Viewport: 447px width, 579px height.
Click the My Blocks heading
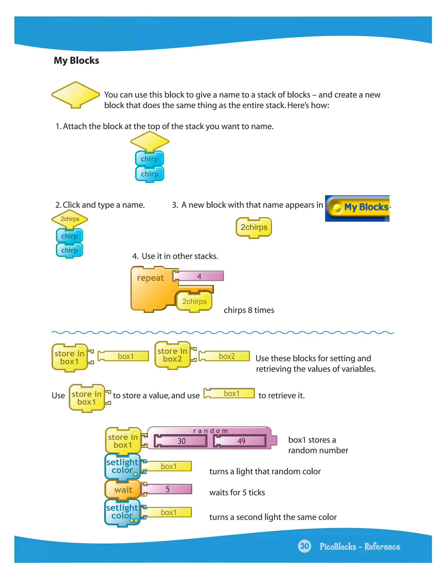click(x=76, y=61)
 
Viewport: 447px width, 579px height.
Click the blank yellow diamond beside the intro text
click(x=76, y=94)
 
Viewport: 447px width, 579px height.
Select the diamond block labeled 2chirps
click(x=70, y=219)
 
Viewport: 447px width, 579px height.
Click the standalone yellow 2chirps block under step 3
click(x=254, y=227)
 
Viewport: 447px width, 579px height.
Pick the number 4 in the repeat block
click(x=199, y=276)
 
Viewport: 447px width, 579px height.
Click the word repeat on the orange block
click(x=150, y=278)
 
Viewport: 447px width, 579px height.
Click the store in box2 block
click(x=172, y=355)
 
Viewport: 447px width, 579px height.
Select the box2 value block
click(x=227, y=356)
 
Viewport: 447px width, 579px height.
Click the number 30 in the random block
click(x=181, y=441)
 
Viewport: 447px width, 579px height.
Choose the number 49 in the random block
click(x=241, y=441)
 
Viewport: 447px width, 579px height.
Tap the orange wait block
click(x=123, y=490)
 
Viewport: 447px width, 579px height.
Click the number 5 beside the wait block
click(x=167, y=489)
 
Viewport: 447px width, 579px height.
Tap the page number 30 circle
click(x=304, y=546)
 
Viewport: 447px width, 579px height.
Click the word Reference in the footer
click(x=382, y=547)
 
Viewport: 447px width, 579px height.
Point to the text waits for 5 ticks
click(x=237, y=492)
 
